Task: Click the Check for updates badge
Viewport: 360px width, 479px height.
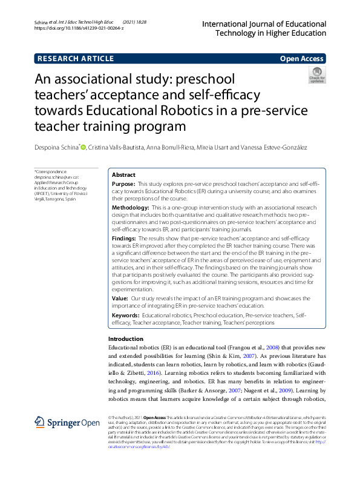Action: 317,76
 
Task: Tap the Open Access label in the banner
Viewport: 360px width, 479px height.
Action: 303,59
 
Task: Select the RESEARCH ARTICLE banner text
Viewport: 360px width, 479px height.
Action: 76,59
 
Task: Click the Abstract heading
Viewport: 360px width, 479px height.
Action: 123,174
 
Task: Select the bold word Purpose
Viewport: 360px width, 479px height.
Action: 123,183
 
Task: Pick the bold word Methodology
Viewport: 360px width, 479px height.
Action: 130,208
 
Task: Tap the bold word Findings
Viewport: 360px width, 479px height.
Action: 124,239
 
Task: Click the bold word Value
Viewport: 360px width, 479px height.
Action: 120,299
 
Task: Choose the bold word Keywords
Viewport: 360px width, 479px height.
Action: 125,315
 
